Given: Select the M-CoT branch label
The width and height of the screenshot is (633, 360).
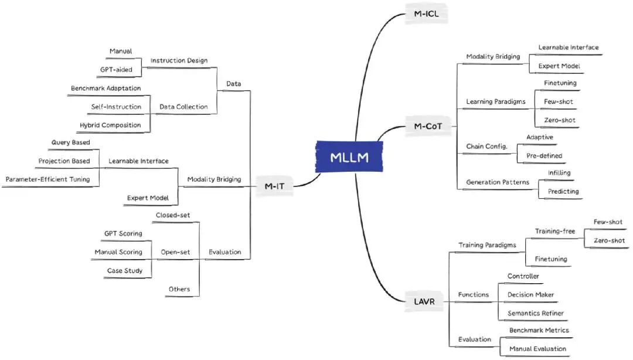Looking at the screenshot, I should coord(423,125).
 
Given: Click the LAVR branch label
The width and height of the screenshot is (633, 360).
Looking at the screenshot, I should coord(421,302).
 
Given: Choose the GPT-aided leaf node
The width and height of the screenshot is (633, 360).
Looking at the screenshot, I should coord(117,69).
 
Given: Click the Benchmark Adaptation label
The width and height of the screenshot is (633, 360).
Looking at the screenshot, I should coord(105,88).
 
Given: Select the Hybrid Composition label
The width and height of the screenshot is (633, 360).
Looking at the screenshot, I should coord(110,125).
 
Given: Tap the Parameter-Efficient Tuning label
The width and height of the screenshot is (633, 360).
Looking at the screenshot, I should coord(48,179).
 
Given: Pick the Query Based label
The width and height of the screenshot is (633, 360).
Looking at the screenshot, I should coord(70,142).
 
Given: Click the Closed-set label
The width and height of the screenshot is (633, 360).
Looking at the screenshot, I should coord(173,215).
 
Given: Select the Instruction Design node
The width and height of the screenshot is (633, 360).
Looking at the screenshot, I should coord(179,60).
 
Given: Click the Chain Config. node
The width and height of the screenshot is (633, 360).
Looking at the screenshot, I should coord(486,146).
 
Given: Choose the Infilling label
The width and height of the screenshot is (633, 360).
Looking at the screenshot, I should coord(559,173).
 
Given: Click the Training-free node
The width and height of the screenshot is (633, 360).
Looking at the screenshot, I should coord(554,231).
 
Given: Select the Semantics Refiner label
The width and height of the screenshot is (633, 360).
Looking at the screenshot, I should coord(536,313).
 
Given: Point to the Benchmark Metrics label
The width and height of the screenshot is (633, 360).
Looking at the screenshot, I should coord(539,330).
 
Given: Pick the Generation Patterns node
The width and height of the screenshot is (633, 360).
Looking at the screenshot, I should coord(498,182).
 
